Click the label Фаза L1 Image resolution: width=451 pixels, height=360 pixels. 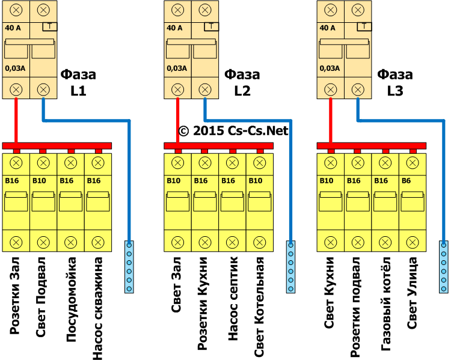78,83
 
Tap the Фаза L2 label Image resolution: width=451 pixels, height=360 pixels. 242,83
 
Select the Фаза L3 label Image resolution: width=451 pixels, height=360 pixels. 394,83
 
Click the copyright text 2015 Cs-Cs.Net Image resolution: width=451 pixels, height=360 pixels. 233,130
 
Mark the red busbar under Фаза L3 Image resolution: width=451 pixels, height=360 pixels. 372,146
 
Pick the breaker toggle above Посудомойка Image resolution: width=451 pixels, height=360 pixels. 70,201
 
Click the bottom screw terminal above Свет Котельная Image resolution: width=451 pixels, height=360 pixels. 260,242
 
